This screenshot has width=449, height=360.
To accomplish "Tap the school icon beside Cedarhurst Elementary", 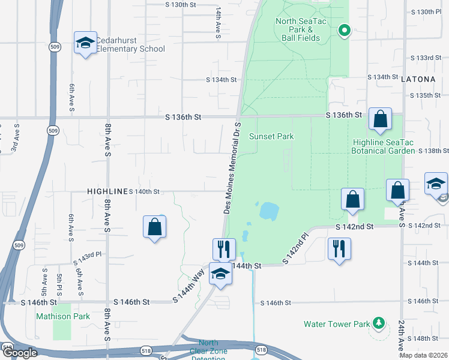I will tap(85, 43).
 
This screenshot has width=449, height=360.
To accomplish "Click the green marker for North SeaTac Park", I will tap(344, 29).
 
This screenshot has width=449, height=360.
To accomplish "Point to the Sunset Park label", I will tap(276, 136).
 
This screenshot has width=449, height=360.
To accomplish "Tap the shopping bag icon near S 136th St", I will tap(380, 119).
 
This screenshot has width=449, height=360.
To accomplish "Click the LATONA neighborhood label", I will tap(424, 79).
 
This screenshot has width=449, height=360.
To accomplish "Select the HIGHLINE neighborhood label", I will tap(108, 191).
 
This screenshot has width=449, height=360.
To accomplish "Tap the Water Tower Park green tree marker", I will tap(378, 323).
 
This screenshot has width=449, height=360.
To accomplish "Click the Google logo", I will tap(19, 353).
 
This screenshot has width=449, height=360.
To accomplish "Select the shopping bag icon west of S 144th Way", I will tap(154, 226).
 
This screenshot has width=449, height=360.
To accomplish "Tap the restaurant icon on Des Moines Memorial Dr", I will tap(224, 248).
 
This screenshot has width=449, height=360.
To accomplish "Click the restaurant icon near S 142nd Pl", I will tap(339, 248).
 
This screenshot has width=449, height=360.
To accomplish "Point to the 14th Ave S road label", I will tap(219, 24).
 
